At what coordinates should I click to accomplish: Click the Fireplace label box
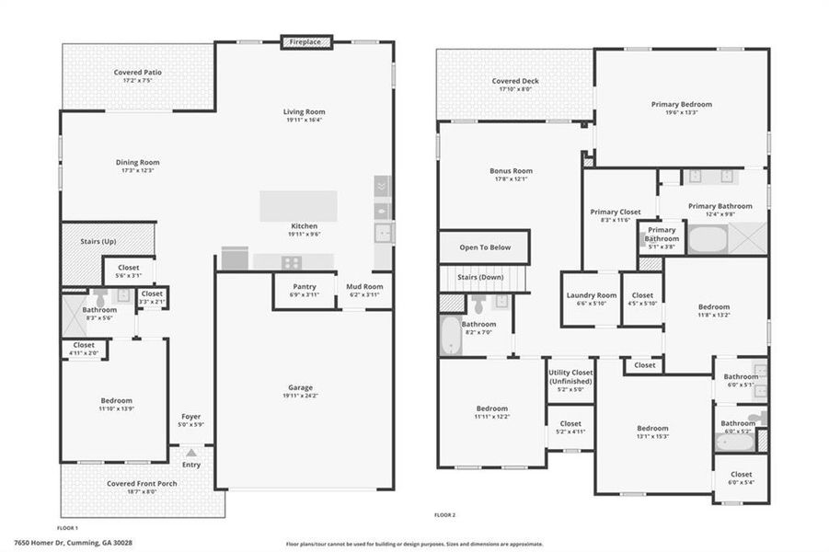305,41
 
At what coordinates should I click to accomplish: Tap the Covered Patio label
139,72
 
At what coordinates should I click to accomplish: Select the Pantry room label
304,286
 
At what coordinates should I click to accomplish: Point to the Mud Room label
364,286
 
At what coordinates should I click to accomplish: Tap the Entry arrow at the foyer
190,454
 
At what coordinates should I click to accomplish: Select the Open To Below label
484,247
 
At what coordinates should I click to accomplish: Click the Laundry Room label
591,296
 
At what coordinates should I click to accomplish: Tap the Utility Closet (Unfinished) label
570,377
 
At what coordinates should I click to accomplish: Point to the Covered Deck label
514,81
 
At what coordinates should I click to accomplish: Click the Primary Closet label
615,213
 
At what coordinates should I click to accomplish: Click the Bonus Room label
511,171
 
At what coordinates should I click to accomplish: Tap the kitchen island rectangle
298,205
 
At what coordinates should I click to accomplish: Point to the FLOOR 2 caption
444,515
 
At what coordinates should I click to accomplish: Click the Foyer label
190,417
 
